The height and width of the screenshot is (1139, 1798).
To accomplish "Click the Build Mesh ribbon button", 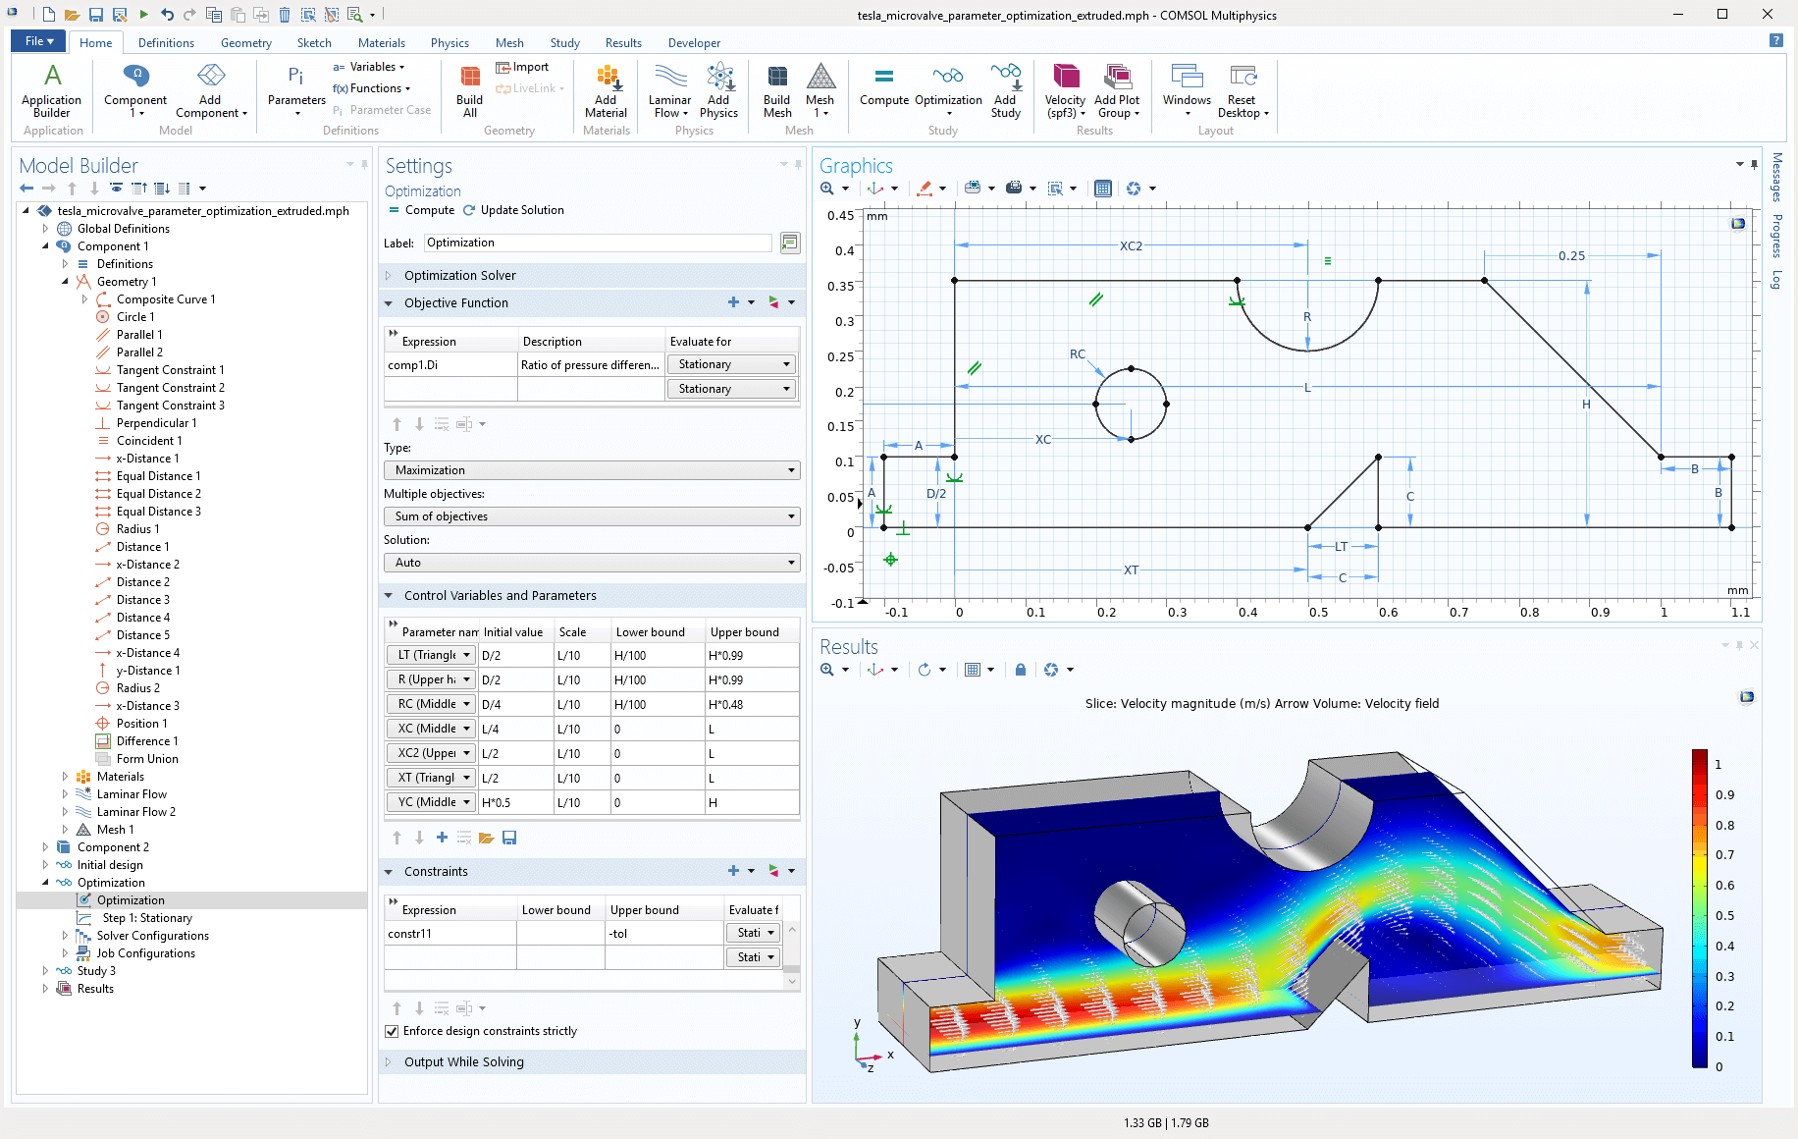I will (776, 91).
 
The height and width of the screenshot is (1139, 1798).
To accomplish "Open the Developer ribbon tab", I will (694, 43).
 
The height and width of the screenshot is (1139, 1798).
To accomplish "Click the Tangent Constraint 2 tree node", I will (170, 388).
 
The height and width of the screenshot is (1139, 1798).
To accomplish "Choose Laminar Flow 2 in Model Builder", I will (135, 812).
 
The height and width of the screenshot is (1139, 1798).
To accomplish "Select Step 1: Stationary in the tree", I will (146, 918).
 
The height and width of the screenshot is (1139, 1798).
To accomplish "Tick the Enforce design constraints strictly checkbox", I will (393, 1031).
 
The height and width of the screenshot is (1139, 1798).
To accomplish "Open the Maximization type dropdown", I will (592, 470).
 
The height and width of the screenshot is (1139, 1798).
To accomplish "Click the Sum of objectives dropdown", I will (592, 516).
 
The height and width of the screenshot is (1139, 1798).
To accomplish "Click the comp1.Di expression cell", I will (449, 365).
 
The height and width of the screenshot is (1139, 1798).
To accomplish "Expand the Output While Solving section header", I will (463, 1061).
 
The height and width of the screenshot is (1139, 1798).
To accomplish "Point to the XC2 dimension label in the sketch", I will (1131, 246).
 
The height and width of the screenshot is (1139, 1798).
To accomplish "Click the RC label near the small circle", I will (1078, 354).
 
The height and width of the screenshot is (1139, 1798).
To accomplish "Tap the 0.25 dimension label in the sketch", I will (1571, 256).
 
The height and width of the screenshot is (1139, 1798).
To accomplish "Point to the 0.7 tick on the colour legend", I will (1724, 855).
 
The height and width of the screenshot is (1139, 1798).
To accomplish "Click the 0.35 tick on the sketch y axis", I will (840, 287).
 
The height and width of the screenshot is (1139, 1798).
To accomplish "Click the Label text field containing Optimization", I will (598, 243).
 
